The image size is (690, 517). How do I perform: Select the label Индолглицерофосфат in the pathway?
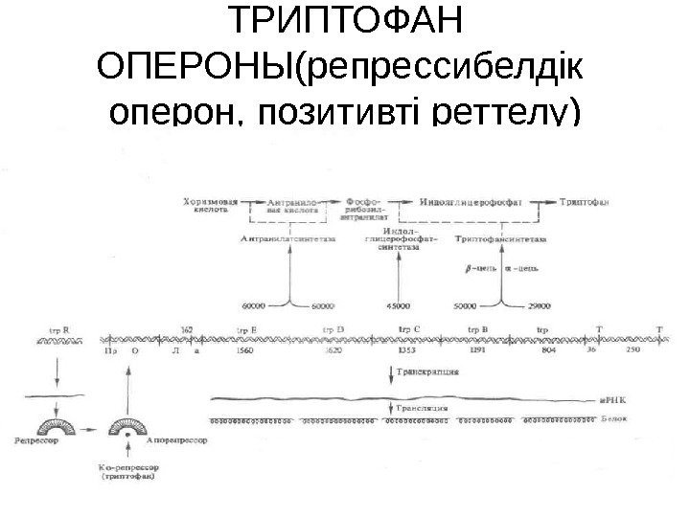[471, 202]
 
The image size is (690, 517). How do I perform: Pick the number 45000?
[398, 306]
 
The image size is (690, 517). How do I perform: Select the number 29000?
[541, 306]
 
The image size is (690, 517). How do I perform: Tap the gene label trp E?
[246, 331]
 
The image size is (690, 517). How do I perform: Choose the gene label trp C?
[409, 331]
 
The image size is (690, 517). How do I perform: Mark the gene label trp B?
[478, 331]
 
